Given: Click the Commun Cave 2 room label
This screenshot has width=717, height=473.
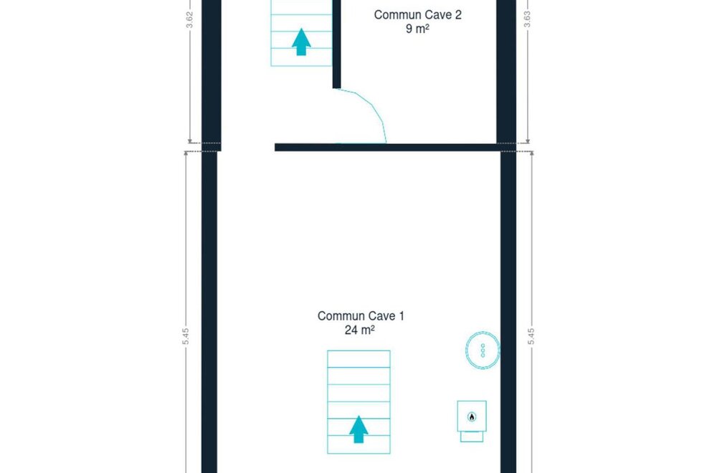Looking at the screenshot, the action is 417,14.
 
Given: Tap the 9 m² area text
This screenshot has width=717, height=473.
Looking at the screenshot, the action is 417,29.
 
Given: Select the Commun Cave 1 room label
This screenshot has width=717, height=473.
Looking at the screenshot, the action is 361,316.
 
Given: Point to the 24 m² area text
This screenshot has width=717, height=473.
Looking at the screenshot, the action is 360,330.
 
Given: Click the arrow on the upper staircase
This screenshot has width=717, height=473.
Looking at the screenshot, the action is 301,42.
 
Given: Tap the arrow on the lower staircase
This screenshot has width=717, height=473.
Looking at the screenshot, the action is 358,429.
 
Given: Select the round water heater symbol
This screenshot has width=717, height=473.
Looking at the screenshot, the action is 483,350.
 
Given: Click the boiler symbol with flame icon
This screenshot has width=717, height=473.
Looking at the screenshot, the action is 472,416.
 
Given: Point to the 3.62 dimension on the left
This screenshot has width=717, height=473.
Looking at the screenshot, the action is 190,19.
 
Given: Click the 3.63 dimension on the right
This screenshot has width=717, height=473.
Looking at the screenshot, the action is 527,19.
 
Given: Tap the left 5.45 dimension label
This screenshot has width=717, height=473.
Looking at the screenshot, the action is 186,337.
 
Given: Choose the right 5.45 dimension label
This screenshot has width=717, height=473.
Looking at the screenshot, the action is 531,337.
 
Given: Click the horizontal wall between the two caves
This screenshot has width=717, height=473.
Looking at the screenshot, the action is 388,147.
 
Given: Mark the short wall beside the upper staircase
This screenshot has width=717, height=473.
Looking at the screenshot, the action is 336,44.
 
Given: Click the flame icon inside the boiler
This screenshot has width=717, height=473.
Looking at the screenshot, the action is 472,416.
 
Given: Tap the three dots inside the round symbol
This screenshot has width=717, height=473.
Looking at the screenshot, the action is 483,350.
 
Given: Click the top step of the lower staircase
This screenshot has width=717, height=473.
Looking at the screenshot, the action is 358,359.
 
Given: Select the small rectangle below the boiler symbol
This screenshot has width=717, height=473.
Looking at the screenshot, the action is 472,436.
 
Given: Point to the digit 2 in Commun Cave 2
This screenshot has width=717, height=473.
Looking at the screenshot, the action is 458,14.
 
